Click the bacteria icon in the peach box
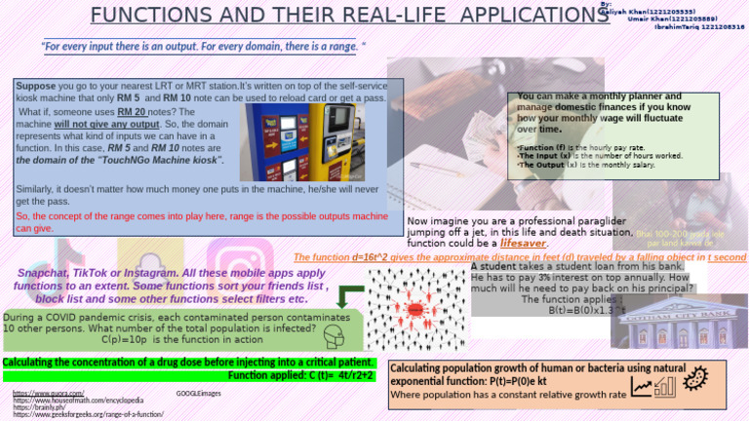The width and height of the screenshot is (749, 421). pos(696,376)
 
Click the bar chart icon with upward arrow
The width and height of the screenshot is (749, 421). pos(652,388)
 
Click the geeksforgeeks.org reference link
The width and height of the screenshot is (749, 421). pos(89,415)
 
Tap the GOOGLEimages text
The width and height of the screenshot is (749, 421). pos(198,393)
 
